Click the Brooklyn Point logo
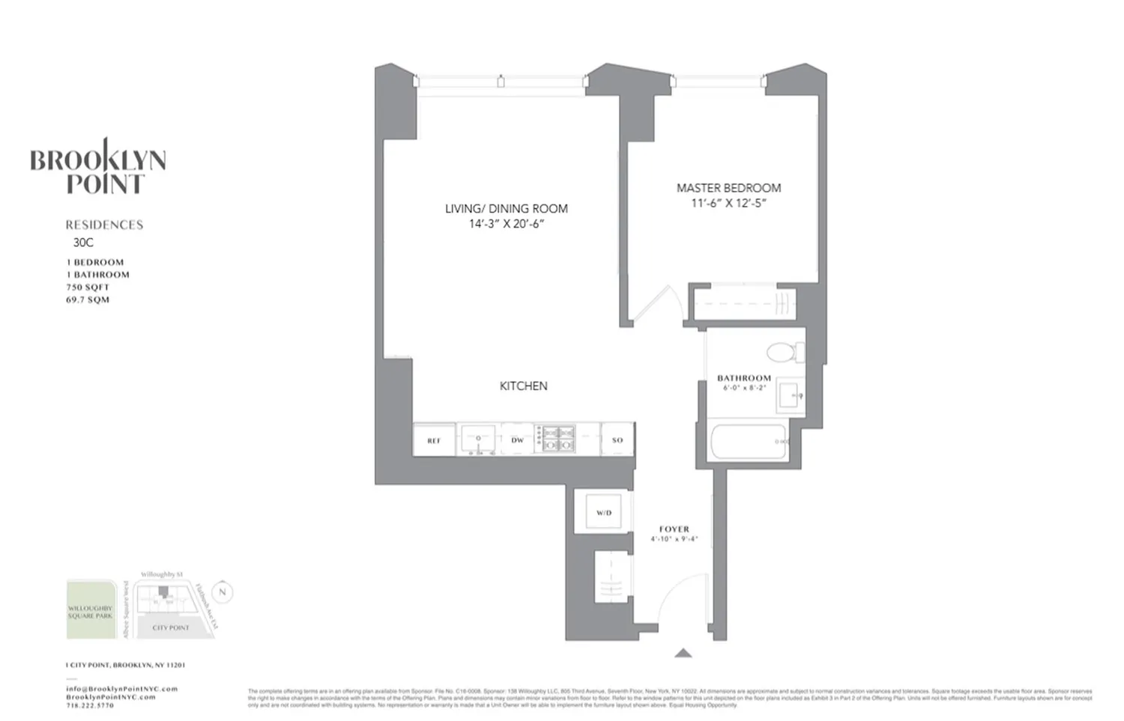[98, 168]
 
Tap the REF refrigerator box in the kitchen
[434, 440]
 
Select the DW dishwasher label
[517, 440]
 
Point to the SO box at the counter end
[617, 440]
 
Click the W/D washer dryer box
[603, 513]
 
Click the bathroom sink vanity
[789, 394]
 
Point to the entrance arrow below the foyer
[683, 653]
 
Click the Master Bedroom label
[728, 188]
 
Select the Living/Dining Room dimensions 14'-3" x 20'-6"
[507, 224]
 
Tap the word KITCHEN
[523, 386]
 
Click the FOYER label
[674, 529]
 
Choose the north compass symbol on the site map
[222, 592]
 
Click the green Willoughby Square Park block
[91, 609]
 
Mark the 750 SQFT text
[87, 287]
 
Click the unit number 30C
[83, 243]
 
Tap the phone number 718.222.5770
[90, 705]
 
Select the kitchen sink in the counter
[477, 439]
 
